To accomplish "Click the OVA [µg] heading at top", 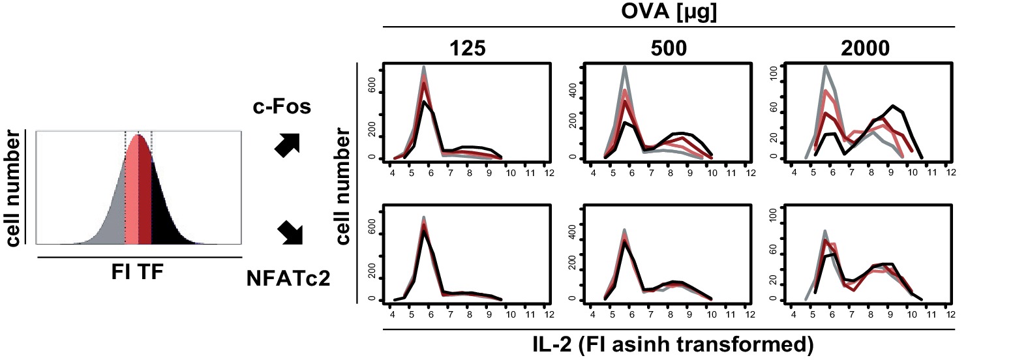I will click(x=669, y=12).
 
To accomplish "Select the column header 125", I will click(x=468, y=48).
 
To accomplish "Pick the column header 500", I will click(x=669, y=48).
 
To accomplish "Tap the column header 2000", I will click(x=865, y=48).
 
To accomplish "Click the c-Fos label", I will click(x=282, y=106).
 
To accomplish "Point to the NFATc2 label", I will click(x=288, y=278).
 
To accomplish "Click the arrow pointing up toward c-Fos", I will click(x=287, y=145).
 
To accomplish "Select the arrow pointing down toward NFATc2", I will click(x=290, y=233).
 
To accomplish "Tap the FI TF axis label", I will click(x=137, y=271).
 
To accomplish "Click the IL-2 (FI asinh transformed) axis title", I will click(x=673, y=344).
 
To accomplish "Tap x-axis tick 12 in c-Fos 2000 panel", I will click(x=951, y=173).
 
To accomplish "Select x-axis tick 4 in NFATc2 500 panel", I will click(x=592, y=314).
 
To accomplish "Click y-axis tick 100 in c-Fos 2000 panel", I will click(x=774, y=72).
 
